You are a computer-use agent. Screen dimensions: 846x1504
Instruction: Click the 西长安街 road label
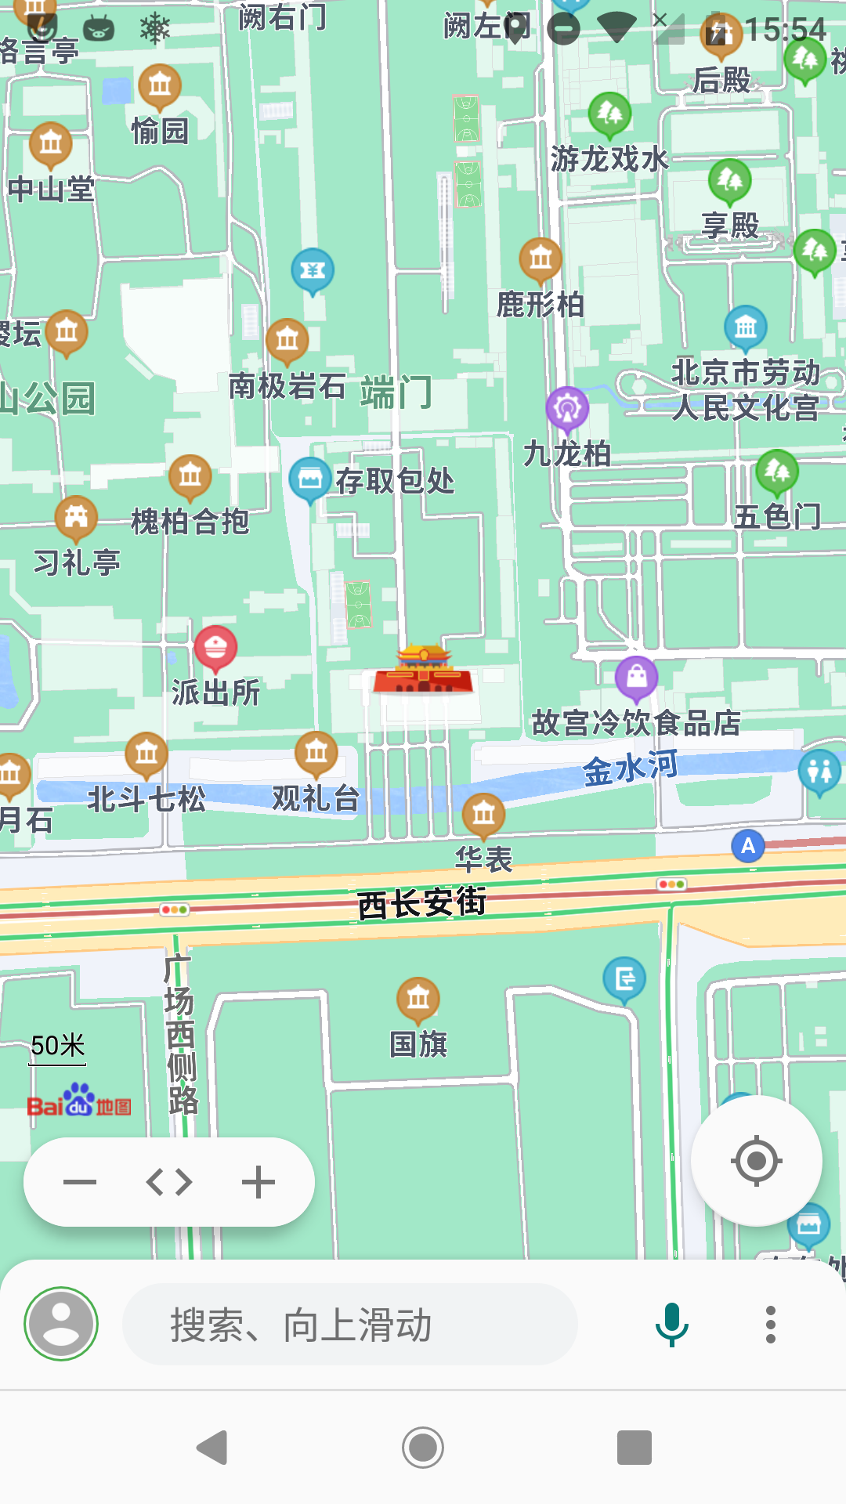(421, 903)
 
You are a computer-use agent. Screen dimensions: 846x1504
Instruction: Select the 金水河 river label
(631, 768)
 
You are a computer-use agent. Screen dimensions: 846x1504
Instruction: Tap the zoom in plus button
(258, 1182)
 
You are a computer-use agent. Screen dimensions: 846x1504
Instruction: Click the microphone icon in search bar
(671, 1325)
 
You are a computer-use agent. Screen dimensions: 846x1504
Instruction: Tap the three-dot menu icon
(771, 1325)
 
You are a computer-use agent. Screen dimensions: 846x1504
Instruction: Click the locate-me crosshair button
(756, 1160)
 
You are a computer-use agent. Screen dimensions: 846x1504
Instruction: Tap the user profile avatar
(61, 1324)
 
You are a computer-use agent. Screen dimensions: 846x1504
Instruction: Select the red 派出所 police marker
(215, 648)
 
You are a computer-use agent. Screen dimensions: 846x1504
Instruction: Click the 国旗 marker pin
(418, 999)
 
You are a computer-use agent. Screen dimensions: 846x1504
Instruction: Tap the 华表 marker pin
(483, 815)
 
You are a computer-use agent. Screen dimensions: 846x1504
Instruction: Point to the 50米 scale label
(58, 1046)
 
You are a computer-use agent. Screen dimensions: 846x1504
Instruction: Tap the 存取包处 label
(395, 481)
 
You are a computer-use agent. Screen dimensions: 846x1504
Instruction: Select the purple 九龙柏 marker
(567, 408)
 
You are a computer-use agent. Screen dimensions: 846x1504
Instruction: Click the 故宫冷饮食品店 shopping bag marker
(637, 678)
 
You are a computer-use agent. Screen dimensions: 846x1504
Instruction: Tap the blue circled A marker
(748, 846)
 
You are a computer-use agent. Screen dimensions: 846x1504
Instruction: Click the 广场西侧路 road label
(180, 1034)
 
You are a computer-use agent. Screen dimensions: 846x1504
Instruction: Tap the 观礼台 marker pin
(316, 753)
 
